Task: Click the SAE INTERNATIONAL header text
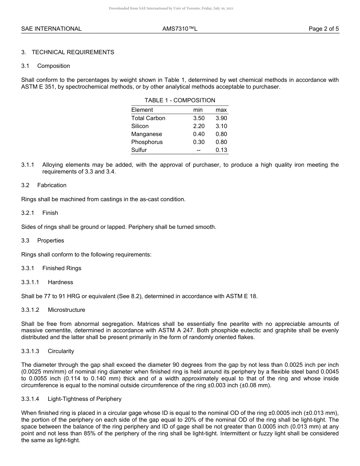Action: click(51, 29)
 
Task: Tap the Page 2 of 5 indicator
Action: click(324, 29)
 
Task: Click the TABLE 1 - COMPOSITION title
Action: click(180, 100)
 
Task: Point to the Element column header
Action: click(142, 110)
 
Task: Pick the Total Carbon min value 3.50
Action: click(199, 118)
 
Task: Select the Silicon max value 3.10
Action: click(221, 126)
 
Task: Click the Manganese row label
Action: click(147, 134)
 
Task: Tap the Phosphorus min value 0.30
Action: click(199, 142)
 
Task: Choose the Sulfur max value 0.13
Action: click(221, 150)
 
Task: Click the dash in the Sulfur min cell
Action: click(199, 150)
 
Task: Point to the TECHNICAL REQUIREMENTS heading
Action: click(73, 52)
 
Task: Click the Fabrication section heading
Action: click(52, 185)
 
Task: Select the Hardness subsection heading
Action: click(60, 282)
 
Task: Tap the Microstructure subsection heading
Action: click(66, 310)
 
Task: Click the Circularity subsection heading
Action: click(61, 351)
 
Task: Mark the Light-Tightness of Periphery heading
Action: click(85, 399)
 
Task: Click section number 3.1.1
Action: click(28, 165)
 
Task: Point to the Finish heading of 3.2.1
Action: click(50, 213)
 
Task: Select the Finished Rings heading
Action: click(62, 268)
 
